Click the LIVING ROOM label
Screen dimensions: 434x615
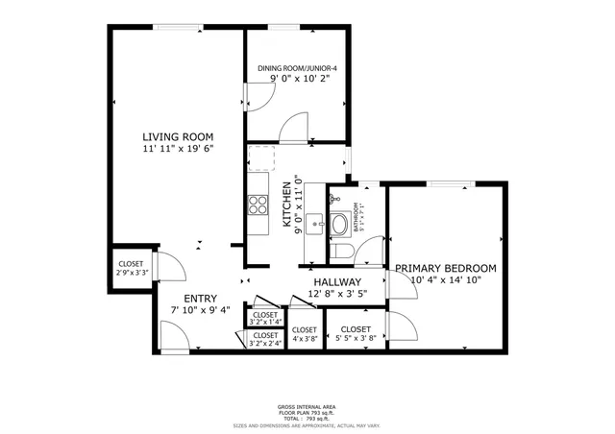click(178, 136)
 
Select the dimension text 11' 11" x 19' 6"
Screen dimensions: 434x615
click(178, 149)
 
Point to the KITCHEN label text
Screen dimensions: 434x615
click(286, 203)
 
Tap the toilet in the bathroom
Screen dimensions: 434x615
click(339, 251)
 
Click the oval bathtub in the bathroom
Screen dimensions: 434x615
click(339, 225)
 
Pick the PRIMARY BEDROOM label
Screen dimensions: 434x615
click(445, 268)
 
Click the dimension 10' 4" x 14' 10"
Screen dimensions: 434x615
click(445, 280)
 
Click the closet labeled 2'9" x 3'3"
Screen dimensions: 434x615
click(131, 268)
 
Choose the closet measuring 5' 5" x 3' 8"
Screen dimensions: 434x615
click(357, 333)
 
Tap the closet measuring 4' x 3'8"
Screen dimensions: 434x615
click(305, 333)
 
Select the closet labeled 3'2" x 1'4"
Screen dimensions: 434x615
click(264, 318)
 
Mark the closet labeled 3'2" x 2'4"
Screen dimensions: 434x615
click(264, 339)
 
